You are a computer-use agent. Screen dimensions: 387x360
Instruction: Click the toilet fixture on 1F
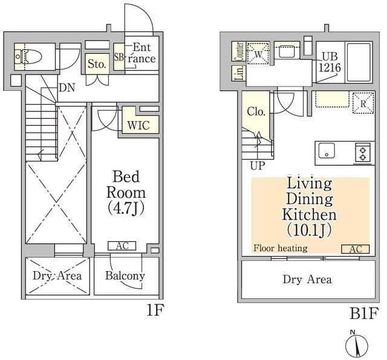28,56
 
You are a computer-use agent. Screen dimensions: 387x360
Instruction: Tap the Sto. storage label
97,64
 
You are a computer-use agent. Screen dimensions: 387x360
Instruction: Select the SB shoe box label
119,57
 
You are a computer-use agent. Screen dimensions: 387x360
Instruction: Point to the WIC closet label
138,125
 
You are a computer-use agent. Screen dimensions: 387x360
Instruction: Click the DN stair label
67,87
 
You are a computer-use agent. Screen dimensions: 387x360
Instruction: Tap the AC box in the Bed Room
122,246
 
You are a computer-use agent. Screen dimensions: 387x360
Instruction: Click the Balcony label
125,276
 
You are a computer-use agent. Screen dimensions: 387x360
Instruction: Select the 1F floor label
155,310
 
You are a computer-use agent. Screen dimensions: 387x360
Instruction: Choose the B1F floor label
364,313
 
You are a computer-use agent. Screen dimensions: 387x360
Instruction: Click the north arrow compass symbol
356,345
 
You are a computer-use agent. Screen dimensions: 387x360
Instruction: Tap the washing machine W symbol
258,54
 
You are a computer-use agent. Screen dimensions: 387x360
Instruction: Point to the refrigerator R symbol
363,103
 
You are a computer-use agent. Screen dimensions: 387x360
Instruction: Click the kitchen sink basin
327,151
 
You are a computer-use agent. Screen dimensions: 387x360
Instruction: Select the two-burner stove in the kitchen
363,153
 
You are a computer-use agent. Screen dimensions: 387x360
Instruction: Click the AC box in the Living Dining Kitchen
356,249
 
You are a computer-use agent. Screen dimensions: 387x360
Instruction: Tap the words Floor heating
281,248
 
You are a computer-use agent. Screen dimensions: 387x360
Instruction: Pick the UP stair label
258,165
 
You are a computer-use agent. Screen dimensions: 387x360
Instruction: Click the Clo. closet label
256,112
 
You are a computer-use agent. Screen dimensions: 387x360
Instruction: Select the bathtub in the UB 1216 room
359,62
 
